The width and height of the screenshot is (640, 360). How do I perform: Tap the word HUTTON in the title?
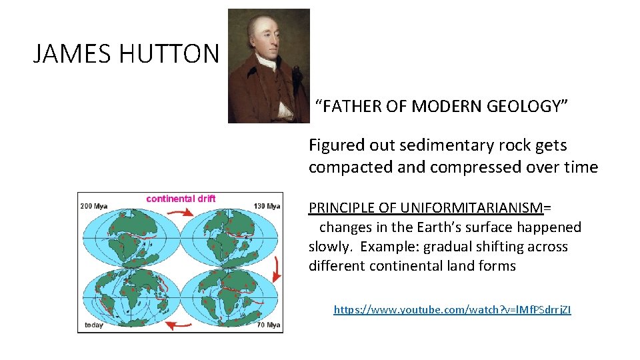click(x=169, y=54)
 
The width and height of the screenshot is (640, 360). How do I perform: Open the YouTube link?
click(x=452, y=309)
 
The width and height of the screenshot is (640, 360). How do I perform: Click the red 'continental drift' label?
click(x=181, y=199)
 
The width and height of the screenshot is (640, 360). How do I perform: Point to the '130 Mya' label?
click(x=266, y=206)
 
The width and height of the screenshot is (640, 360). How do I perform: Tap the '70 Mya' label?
click(x=267, y=325)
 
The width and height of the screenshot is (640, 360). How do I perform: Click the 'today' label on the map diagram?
click(x=93, y=325)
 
